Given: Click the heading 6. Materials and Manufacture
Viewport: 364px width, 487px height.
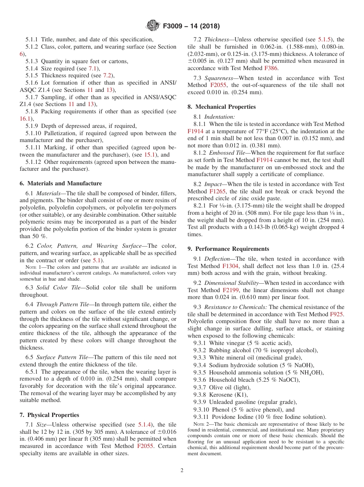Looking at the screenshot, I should click(61, 183).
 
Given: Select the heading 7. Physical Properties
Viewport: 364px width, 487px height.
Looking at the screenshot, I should click(49, 415).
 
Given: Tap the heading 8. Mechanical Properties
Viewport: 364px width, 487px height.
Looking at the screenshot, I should click(221, 107).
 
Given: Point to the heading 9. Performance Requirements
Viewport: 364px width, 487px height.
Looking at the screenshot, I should click(228, 249).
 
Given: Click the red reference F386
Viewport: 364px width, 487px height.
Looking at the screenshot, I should click(271, 68).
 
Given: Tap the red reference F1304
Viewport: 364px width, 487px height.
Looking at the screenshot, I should click(231, 266).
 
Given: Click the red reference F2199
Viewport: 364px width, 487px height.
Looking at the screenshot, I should click(231, 290).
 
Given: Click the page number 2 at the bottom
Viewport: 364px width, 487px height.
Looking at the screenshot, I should click(182, 471).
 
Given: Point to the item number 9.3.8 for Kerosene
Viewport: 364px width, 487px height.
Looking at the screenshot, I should click(200, 395).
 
